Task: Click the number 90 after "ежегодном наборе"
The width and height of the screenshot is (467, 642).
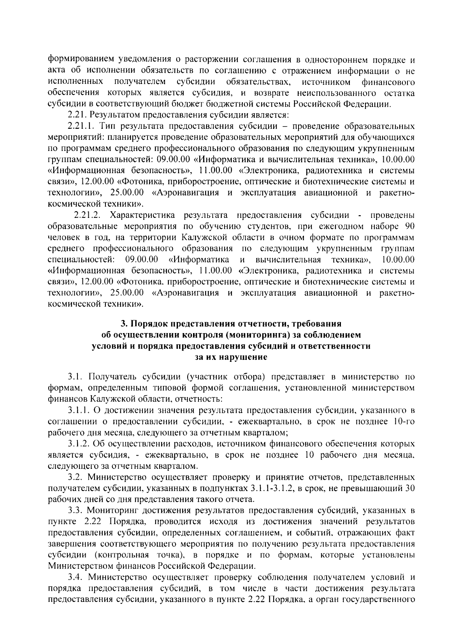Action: (409, 226)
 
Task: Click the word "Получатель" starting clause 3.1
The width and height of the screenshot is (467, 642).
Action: (108, 377)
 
